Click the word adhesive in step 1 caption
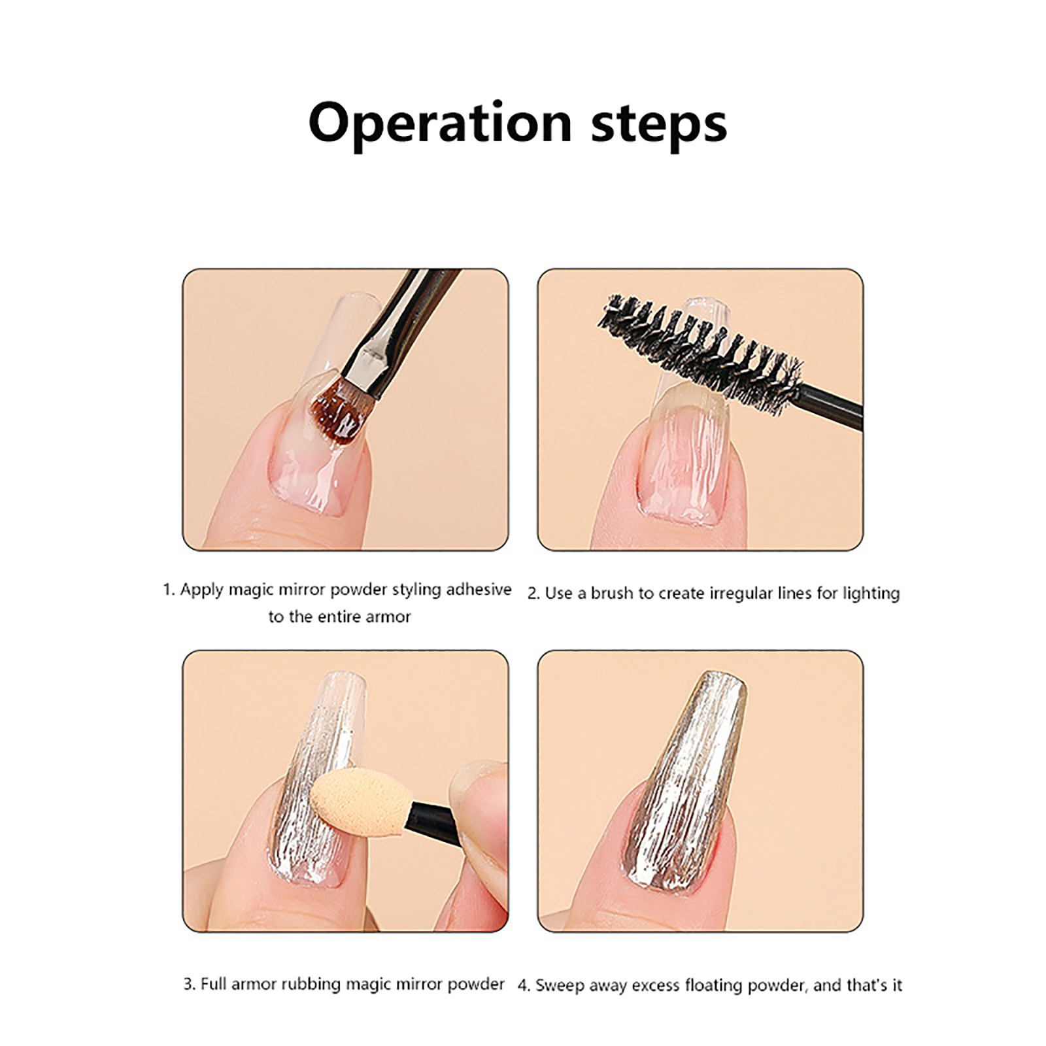[479, 590]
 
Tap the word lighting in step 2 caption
[871, 594]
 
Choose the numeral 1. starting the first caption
[169, 590]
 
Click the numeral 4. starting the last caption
[524, 985]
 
